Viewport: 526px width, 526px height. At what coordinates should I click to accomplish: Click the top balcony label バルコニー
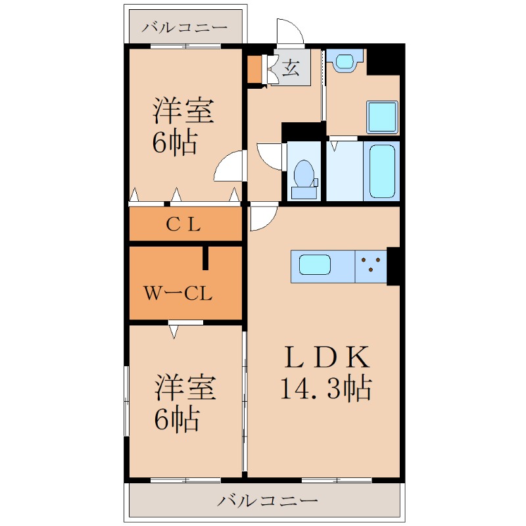click(184, 27)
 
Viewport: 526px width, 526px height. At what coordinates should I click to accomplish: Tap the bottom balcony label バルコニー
click(267, 501)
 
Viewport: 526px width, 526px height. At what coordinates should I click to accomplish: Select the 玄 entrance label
click(291, 68)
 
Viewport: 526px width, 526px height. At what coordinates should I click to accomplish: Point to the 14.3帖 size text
click(325, 389)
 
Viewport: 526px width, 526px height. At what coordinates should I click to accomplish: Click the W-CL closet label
click(178, 293)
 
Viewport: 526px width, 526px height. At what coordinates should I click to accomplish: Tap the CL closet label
click(183, 224)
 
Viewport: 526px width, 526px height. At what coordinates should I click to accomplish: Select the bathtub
click(382, 172)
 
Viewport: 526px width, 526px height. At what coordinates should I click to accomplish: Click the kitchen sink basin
click(315, 265)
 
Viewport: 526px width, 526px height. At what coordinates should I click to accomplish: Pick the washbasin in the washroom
click(345, 60)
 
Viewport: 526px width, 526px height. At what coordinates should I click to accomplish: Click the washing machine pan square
click(382, 116)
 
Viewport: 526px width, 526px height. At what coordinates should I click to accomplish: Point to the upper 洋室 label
click(183, 110)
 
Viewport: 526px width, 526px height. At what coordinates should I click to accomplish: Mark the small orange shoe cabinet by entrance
click(254, 70)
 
